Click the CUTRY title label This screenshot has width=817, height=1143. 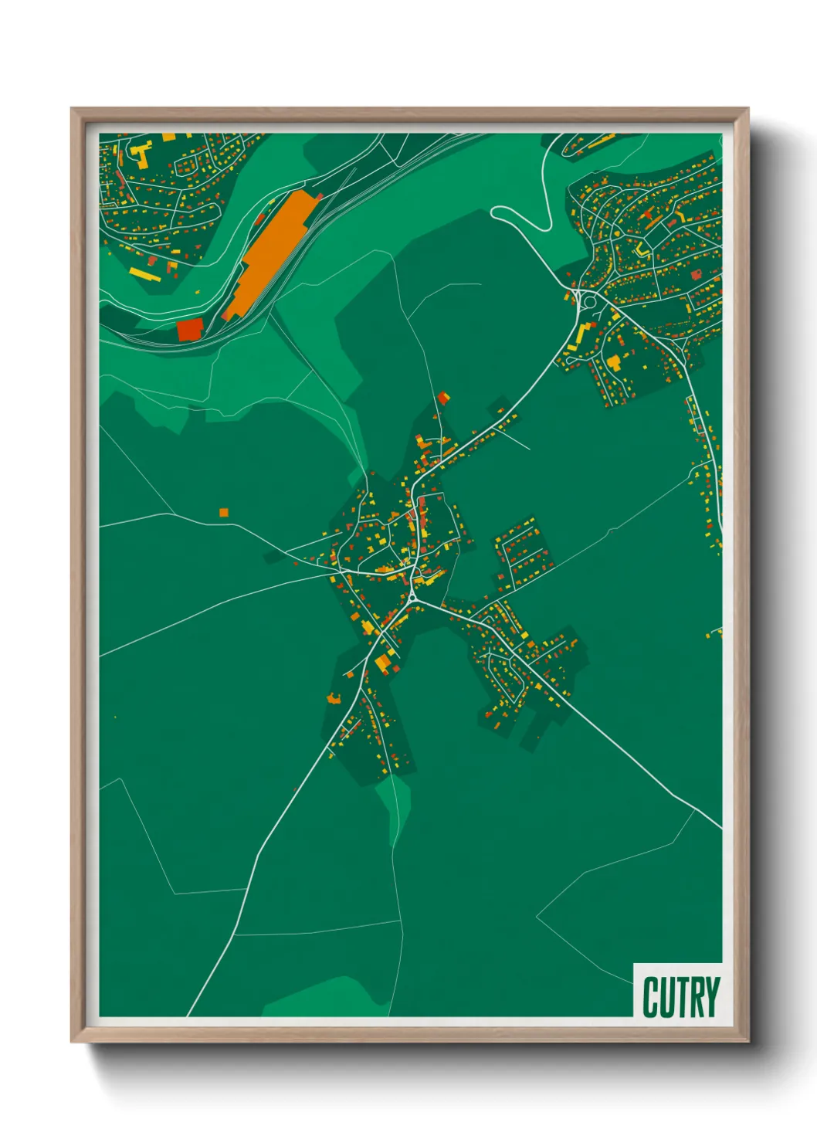680,997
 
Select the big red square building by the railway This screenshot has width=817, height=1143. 189,330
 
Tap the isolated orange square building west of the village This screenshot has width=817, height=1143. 223,512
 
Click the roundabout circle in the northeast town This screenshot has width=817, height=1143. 589,300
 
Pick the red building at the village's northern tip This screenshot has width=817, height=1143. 443,398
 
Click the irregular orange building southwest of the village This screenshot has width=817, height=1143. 334,699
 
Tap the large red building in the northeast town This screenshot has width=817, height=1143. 696,274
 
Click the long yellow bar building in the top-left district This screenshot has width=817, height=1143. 144,273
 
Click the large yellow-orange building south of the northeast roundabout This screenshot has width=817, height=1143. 614,361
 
